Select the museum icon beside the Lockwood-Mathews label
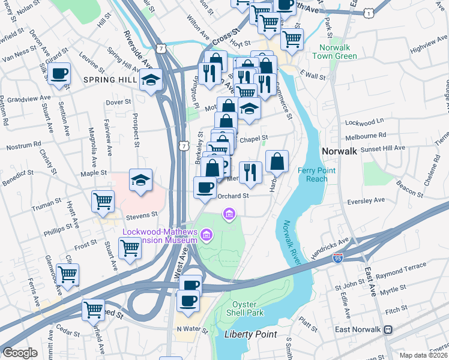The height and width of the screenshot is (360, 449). [206, 235]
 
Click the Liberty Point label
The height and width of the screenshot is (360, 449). [250, 334]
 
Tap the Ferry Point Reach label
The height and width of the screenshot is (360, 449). [316, 175]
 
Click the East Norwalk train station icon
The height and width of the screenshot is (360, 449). [388, 329]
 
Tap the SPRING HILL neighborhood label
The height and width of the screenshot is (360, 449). [110, 79]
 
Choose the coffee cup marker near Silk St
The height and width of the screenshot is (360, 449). [59, 74]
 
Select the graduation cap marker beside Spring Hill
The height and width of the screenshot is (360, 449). [151, 80]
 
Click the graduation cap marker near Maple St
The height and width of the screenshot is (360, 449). [140, 179]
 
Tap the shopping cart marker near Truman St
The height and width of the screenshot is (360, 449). [103, 201]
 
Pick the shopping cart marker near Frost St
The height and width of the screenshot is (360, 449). [130, 247]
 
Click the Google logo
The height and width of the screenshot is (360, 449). [20, 352]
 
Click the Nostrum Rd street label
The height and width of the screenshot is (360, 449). [23, 144]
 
